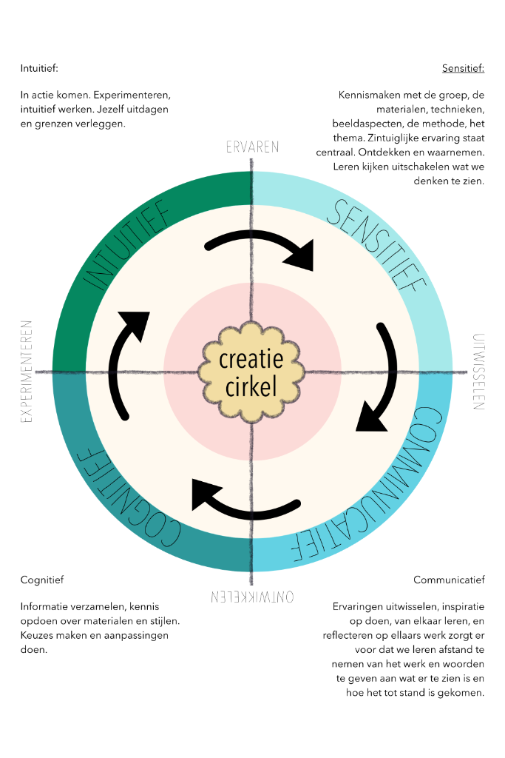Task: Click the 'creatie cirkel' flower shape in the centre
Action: (251, 371)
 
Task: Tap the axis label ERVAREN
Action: (252, 147)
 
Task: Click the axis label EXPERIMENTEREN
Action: (27, 371)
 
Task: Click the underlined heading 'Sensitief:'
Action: (463, 69)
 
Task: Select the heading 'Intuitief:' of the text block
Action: (39, 69)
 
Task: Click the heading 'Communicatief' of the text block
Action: (449, 580)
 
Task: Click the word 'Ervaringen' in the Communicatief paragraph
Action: (359, 606)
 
